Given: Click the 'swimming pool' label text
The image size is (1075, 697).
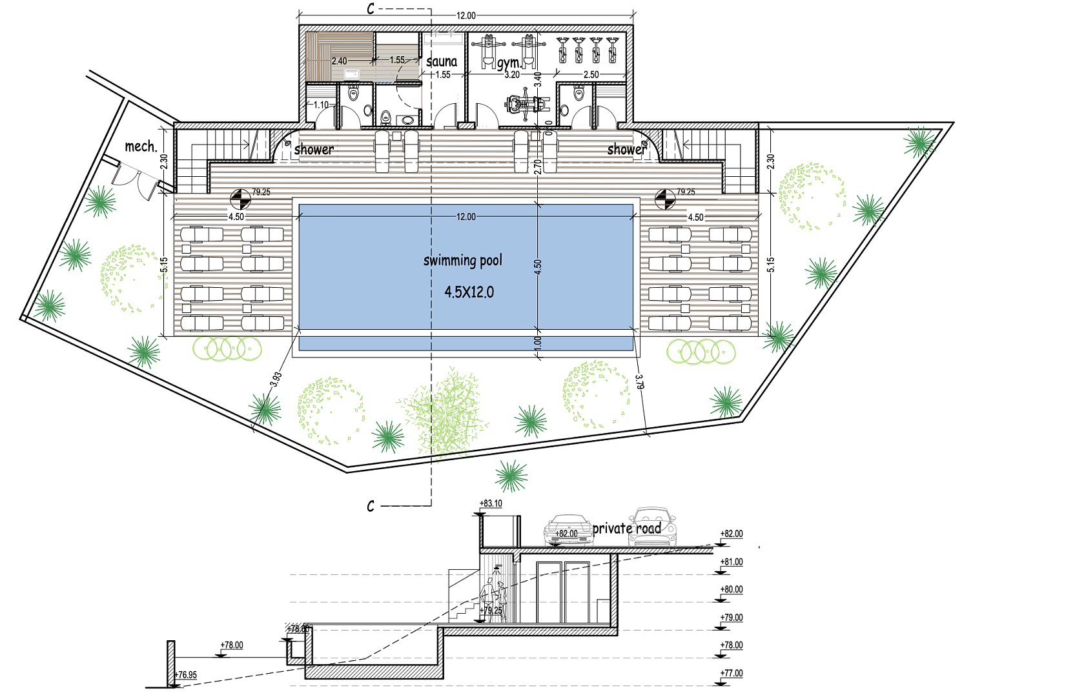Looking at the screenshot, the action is coord(463,261).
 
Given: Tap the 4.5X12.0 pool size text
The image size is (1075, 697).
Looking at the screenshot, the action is coord(469,292).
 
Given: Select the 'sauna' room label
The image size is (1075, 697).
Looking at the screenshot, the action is coord(442,61).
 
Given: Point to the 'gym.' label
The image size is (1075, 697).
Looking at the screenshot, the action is coord(509,63).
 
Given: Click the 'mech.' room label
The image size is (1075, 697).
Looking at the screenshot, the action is coord(141,146).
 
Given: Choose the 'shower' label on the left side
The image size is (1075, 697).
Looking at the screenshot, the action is coord(314,149).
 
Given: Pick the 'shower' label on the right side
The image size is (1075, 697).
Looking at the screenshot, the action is coord(627,149).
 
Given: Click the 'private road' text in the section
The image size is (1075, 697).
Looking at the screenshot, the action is coord(627,528).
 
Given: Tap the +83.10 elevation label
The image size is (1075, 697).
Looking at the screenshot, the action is coord(491,503).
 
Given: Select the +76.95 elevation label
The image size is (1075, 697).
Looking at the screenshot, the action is coord(186,675).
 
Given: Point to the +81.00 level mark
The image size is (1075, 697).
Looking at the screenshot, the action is coord(732,561).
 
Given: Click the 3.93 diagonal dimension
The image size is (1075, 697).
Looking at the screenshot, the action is coord(276,379).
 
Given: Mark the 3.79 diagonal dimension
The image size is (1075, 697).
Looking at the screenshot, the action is coord(639,381).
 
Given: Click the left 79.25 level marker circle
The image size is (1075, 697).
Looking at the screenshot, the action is coord(240,199).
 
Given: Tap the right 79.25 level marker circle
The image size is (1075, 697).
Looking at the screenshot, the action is coord(665,199).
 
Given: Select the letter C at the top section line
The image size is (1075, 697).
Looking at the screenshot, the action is coord(371,8).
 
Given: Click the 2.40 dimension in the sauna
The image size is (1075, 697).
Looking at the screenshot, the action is coord(340,61).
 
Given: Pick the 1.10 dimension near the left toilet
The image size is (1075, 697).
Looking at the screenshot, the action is coord(321,105).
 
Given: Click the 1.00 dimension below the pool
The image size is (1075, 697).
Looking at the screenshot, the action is coord(537,343).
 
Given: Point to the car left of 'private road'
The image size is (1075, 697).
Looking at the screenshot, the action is coord(568,530).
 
